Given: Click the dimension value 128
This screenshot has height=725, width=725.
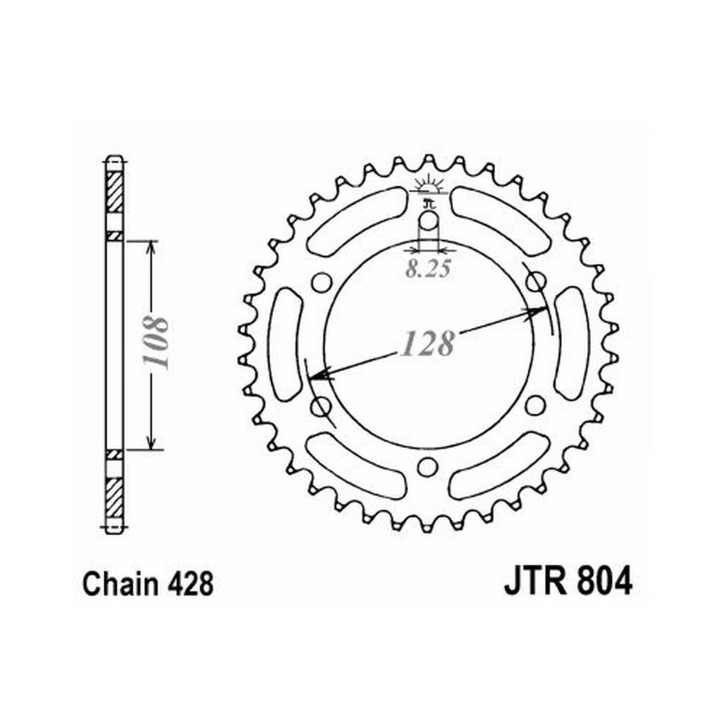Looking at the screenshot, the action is [x=428, y=344].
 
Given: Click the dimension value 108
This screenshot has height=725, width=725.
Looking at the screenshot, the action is [x=155, y=341].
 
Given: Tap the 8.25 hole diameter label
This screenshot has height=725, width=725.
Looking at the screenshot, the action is [x=428, y=270].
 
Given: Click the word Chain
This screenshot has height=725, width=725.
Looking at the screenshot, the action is [x=120, y=584].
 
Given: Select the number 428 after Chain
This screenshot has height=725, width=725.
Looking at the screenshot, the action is [x=191, y=584].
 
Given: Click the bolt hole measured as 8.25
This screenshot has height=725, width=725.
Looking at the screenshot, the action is [x=428, y=220].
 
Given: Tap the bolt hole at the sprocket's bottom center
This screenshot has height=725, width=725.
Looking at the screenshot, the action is [x=427, y=466].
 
